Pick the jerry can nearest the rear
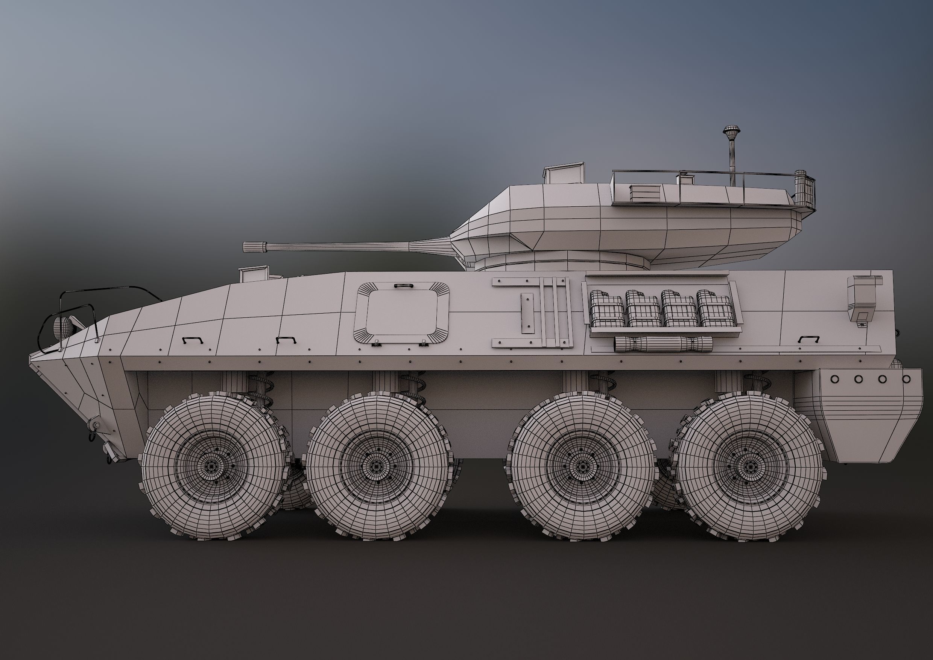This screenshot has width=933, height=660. click(x=714, y=309)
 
